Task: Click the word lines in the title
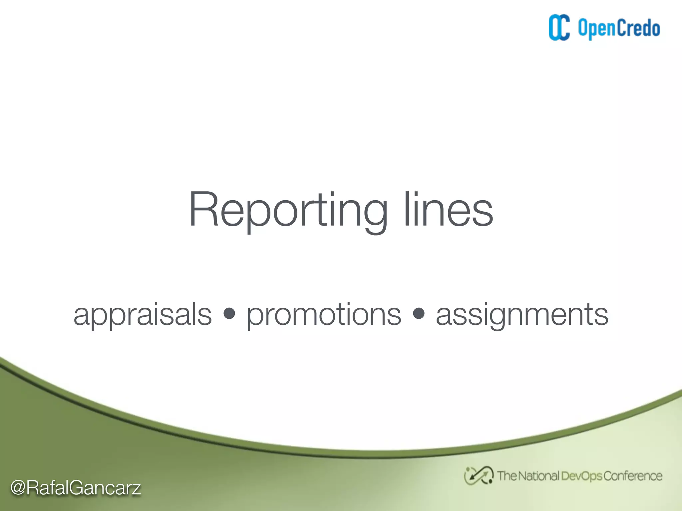(x=448, y=210)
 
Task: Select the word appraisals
(x=143, y=315)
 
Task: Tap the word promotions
(x=324, y=315)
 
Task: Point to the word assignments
(x=522, y=315)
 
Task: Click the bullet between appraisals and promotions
(x=229, y=313)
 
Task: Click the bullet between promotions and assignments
(x=419, y=313)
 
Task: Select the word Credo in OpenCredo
(x=639, y=28)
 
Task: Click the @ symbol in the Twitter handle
(x=18, y=488)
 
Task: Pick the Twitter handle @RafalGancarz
(x=76, y=488)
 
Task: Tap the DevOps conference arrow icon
(x=479, y=476)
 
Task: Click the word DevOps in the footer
(x=581, y=476)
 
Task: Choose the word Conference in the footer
(x=632, y=476)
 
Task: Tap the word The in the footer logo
(x=507, y=476)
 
